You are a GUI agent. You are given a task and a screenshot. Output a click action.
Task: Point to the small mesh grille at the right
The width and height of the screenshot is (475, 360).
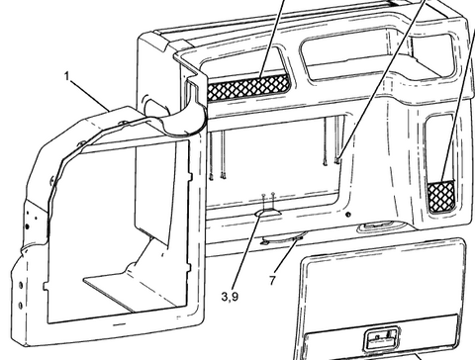tap(441, 193)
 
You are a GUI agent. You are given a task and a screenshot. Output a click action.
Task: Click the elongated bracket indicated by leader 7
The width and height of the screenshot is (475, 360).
tap(283, 237)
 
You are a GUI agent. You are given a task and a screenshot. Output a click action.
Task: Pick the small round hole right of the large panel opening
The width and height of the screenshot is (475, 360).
tap(347, 214)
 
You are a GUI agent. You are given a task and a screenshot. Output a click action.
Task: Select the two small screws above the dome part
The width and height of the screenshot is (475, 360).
tap(268, 197)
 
